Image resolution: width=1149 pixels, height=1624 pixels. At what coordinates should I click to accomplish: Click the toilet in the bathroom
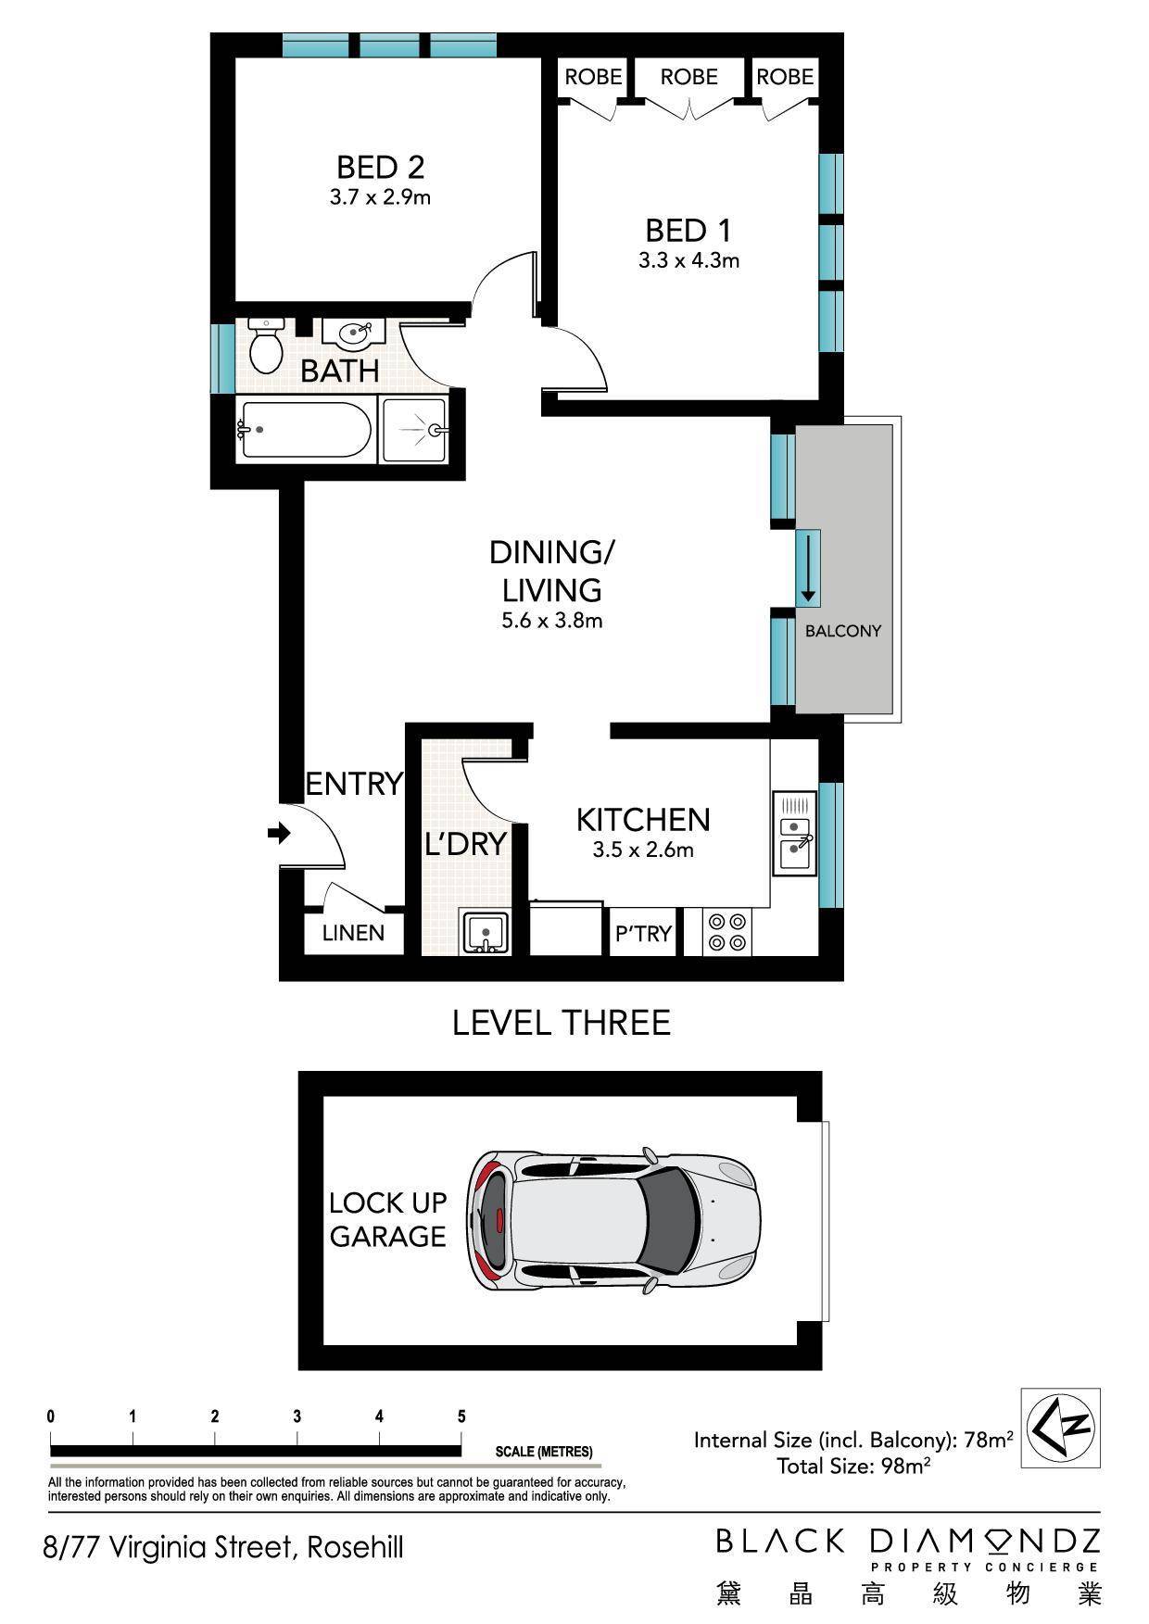coord(267,346)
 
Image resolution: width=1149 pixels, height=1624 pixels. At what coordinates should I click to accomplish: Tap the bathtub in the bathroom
coord(304,431)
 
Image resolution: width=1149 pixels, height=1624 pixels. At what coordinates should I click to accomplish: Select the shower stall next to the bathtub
coord(415,430)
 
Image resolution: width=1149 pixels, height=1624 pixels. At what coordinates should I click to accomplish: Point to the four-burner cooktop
coord(727,932)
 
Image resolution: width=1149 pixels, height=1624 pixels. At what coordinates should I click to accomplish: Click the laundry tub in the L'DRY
coord(484,933)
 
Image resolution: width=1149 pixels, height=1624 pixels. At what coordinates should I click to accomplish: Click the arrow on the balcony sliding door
coord(808,568)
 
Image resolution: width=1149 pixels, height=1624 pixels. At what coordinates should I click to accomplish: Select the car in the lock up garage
coord(613,1221)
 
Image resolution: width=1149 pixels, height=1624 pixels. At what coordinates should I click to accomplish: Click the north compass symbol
coord(1060,1428)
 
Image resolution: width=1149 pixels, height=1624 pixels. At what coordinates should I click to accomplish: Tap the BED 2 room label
coord(380,168)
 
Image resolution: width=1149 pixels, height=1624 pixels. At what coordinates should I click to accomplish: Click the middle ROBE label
coord(688,77)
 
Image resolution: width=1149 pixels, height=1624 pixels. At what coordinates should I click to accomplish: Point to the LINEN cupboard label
coord(353,933)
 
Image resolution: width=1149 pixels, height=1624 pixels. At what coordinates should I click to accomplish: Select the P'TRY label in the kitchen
coord(643,934)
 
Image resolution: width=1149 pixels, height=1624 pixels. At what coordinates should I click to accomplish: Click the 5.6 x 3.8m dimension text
coord(552,621)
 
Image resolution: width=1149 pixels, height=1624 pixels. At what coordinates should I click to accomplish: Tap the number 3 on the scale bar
coord(297,1416)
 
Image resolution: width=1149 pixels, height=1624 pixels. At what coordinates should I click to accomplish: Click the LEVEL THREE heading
coord(561,1023)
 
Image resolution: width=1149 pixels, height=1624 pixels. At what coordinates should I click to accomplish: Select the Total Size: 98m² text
coord(853,1465)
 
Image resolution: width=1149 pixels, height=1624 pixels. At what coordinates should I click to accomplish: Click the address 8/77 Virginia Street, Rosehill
coord(223,1547)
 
